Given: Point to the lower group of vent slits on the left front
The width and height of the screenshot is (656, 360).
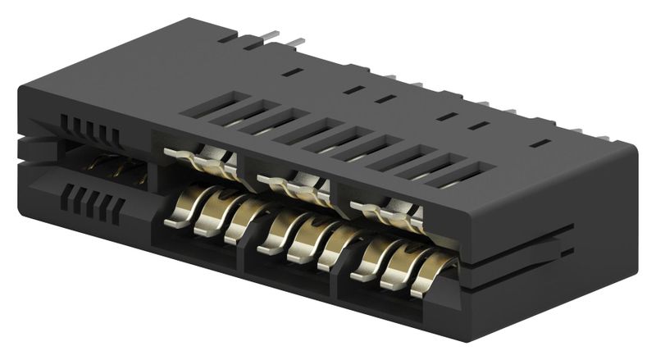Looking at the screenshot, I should [x=93, y=204].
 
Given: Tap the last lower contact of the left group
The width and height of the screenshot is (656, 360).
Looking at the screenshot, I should [x=238, y=221].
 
